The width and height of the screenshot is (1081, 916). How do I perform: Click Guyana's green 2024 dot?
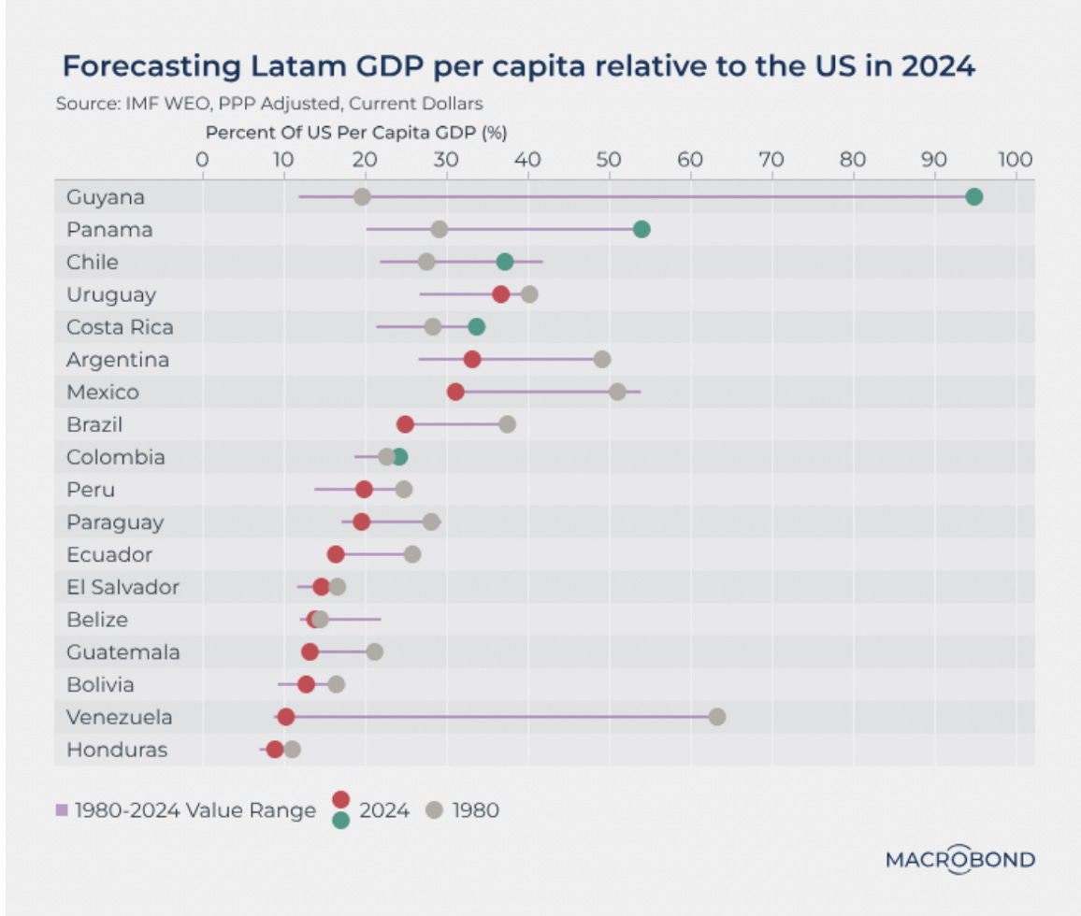pyautogui.click(x=973, y=197)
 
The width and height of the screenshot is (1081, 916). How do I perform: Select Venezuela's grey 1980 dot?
pyautogui.click(x=717, y=717)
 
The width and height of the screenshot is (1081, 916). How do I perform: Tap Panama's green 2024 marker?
pyautogui.click(x=641, y=230)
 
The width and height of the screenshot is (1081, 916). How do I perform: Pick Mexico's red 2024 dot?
pyautogui.click(x=455, y=392)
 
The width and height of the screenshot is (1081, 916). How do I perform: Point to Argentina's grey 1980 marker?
pyautogui.click(x=602, y=360)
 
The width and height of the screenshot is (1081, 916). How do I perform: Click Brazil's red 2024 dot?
pyautogui.click(x=405, y=424)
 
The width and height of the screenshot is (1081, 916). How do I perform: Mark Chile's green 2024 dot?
pyautogui.click(x=505, y=262)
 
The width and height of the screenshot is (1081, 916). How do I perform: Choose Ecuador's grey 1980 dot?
pyautogui.click(x=412, y=554)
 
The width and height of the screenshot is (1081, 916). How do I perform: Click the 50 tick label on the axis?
pyautogui.click(x=609, y=159)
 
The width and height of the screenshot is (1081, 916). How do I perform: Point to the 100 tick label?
pyautogui.click(x=1015, y=159)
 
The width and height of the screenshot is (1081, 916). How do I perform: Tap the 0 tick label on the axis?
pyautogui.click(x=202, y=159)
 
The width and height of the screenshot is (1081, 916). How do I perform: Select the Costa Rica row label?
pyautogui.click(x=120, y=327)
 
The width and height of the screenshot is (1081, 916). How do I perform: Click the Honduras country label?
pyautogui.click(x=117, y=750)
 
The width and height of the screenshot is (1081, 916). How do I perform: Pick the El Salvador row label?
pyautogui.click(x=123, y=587)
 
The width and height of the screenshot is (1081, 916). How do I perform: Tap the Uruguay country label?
pyautogui.click(x=111, y=294)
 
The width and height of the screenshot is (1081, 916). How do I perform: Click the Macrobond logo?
pyautogui.click(x=960, y=859)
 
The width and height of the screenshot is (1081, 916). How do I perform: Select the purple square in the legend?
pyautogui.click(x=62, y=810)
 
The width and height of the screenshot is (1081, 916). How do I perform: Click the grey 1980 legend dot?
pyautogui.click(x=433, y=810)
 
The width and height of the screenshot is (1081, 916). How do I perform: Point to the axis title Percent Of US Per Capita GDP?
pyautogui.click(x=356, y=133)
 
